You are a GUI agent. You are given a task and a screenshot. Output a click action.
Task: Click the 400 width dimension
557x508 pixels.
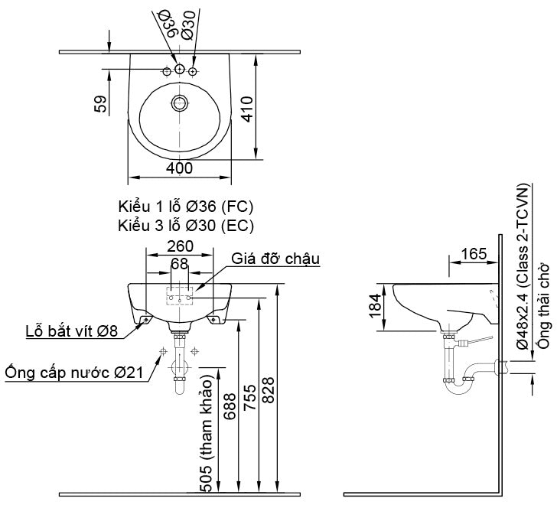pyautogui.click(x=179, y=168)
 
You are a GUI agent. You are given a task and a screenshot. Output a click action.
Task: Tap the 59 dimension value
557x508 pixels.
pyautogui.click(x=101, y=104)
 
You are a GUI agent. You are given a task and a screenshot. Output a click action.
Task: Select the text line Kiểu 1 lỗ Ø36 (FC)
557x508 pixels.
pyautogui.click(x=186, y=207)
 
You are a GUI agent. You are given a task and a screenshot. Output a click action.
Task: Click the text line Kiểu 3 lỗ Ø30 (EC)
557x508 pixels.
pyautogui.click(x=186, y=225)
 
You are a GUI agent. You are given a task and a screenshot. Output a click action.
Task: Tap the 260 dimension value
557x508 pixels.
pyautogui.click(x=180, y=247)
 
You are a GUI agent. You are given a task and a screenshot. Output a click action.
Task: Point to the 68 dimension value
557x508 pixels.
pyautogui.click(x=179, y=263)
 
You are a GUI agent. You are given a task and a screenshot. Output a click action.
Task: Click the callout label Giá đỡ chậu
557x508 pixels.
pyautogui.click(x=275, y=258)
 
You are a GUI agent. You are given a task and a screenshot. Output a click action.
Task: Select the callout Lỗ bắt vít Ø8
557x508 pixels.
pyautogui.click(x=71, y=331)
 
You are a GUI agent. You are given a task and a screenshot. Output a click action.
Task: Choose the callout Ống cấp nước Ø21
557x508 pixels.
pyautogui.click(x=75, y=373)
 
